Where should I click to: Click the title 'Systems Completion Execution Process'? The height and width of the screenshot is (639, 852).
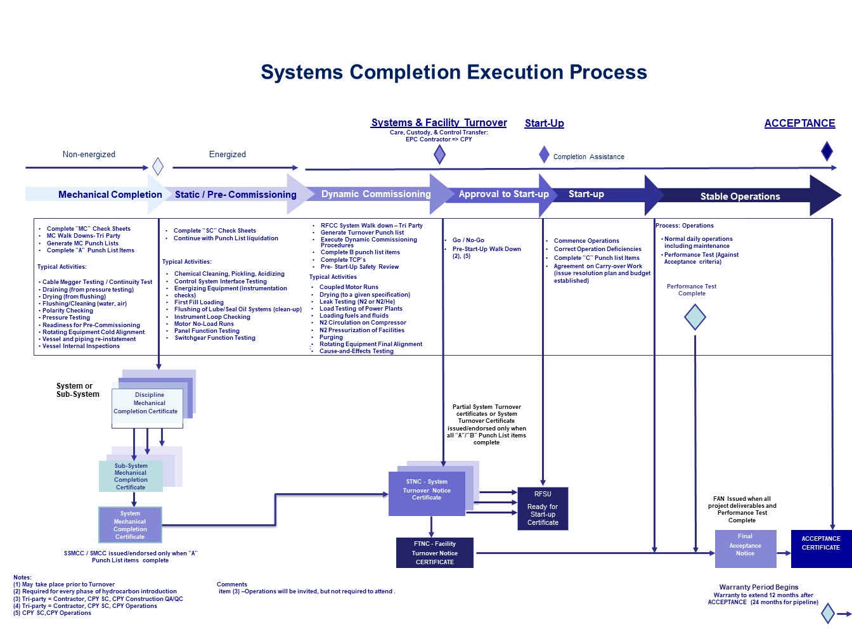tap(454, 72)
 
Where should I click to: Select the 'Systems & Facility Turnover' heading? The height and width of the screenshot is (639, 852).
tap(439, 123)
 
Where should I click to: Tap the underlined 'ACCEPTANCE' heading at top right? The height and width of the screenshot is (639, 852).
tap(799, 124)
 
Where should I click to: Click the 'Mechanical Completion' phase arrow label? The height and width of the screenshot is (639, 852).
tap(110, 195)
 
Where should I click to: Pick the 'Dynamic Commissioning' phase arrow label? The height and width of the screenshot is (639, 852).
tap(376, 195)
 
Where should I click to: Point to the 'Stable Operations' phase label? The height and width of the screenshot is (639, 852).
tap(740, 197)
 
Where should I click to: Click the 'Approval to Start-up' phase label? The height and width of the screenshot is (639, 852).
tap(503, 195)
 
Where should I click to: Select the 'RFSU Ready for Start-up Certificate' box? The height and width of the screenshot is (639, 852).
tap(543, 508)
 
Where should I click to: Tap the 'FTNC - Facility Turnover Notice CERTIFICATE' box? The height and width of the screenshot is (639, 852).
tap(435, 553)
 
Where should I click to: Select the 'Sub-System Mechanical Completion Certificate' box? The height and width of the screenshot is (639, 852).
tap(131, 476)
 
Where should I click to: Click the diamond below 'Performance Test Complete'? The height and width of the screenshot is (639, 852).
tap(695, 317)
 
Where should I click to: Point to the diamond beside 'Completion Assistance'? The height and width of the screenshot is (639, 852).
tap(544, 154)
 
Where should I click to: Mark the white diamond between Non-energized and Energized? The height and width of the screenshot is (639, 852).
tap(158, 167)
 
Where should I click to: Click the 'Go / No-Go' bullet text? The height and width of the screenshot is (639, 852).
tap(468, 240)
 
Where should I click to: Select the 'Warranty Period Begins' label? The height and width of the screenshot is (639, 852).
tap(758, 587)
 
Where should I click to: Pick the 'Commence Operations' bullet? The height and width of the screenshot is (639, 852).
tap(586, 241)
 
